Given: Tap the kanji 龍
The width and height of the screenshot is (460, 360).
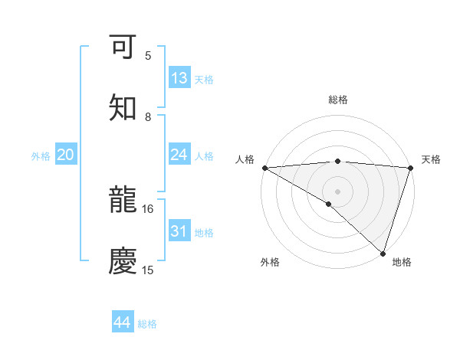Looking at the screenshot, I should click(123, 200).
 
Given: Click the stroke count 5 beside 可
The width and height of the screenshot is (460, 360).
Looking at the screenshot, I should click(148, 55).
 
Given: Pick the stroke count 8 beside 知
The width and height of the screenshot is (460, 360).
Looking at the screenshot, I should click(148, 116).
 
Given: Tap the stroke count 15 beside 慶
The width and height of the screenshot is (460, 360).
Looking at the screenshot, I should click(148, 270).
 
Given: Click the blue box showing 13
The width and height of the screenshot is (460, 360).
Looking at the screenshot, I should click(179, 78).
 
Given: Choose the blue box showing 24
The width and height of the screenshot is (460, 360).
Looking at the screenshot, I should click(179, 155).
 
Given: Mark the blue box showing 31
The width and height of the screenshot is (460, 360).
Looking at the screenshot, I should click(179, 231).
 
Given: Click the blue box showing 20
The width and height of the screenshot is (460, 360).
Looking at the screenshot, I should click(65, 155).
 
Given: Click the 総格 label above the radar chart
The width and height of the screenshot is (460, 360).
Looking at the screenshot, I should click(338, 100).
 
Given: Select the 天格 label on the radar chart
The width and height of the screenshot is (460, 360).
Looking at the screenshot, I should click(431, 159).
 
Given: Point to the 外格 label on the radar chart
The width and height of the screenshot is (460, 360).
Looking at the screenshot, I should click(270, 262).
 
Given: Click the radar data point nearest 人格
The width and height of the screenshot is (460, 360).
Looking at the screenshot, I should click(264, 168).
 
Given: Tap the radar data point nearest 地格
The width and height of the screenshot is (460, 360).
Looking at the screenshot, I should click(383, 253).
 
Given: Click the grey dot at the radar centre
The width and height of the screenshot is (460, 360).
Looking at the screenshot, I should click(338, 191).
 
